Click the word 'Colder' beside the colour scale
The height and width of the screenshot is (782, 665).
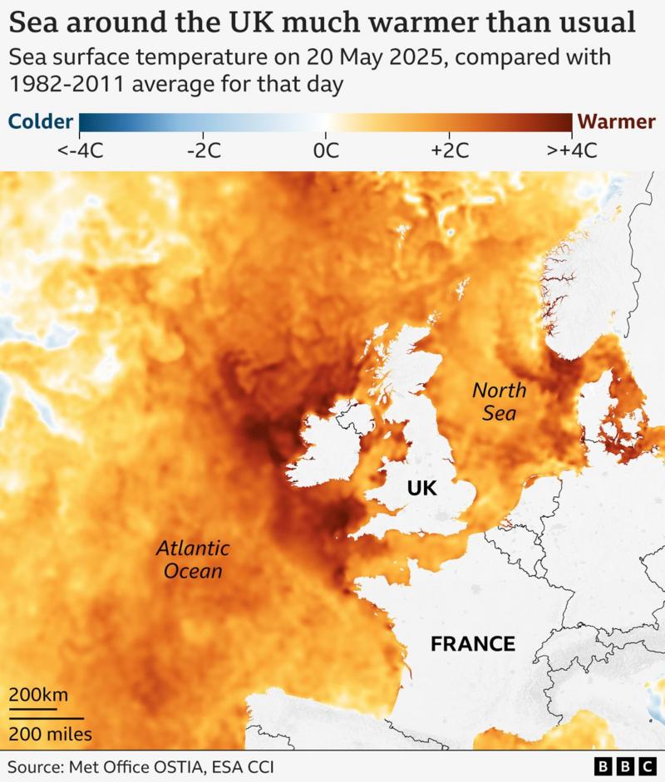(40, 122)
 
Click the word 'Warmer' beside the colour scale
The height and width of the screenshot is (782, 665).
(617, 122)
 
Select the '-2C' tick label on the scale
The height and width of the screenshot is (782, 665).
(203, 150)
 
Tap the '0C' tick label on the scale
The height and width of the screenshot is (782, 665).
(326, 150)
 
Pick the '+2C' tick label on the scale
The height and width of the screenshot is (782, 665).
(450, 150)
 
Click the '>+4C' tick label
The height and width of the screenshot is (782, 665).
(572, 150)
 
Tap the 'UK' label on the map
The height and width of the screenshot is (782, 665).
(421, 488)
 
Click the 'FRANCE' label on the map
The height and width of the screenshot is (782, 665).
(472, 644)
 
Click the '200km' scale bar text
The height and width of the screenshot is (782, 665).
(39, 695)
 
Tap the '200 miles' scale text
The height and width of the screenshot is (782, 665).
(51, 734)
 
